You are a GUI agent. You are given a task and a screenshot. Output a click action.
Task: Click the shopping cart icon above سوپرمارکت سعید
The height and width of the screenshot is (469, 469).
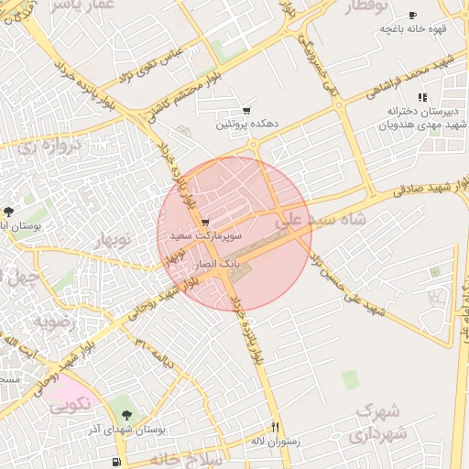(x=204, y=223)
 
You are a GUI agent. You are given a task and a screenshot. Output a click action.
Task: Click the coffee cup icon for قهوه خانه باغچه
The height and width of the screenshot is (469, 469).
(x=412, y=16)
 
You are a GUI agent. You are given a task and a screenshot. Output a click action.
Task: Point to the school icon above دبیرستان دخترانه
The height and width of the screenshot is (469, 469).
(x=421, y=97)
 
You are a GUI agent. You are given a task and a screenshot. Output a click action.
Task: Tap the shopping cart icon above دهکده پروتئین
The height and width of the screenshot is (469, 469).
(x=245, y=110)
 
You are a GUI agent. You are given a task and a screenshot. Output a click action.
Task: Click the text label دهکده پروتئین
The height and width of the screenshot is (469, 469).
(x=245, y=124)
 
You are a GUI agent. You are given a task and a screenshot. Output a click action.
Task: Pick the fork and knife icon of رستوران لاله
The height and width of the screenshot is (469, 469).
(x=275, y=427)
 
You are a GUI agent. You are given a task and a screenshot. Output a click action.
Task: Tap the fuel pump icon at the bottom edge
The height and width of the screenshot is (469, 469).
(x=116, y=462)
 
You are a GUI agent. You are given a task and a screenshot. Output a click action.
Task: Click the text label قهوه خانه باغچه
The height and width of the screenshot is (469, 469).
(x=413, y=29)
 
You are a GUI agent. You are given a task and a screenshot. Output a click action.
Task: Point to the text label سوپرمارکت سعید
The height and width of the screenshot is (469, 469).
(x=205, y=236)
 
